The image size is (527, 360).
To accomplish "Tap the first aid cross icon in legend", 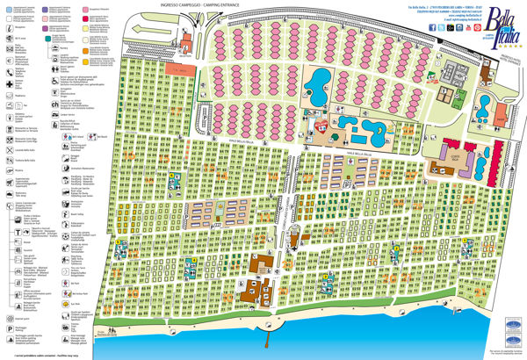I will tap(9, 83).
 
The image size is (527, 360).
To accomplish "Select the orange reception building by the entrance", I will tap(179, 68).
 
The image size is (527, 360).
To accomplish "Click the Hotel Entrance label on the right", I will tap(508, 58).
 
